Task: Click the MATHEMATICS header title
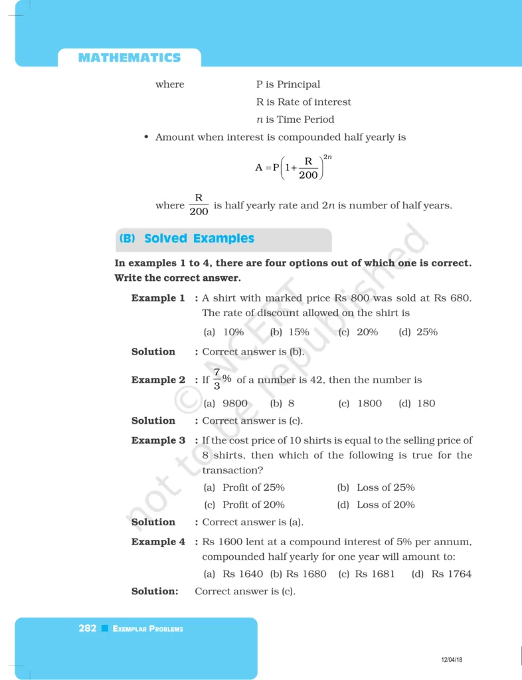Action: (129, 58)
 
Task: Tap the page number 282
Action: (87, 628)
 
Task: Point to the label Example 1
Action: (158, 298)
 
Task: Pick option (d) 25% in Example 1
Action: (418, 332)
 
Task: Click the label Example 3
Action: (158, 440)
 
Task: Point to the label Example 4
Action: (158, 542)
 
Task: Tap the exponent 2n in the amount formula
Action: (327, 157)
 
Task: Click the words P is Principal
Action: (288, 84)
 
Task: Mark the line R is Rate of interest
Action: (304, 102)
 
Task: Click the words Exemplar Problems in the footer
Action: (148, 629)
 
